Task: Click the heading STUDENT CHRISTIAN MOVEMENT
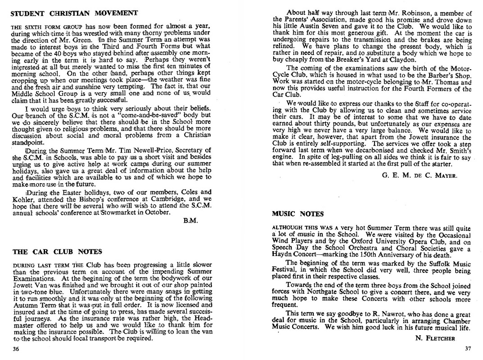(x=74, y=13)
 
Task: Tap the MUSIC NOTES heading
(x=298, y=214)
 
